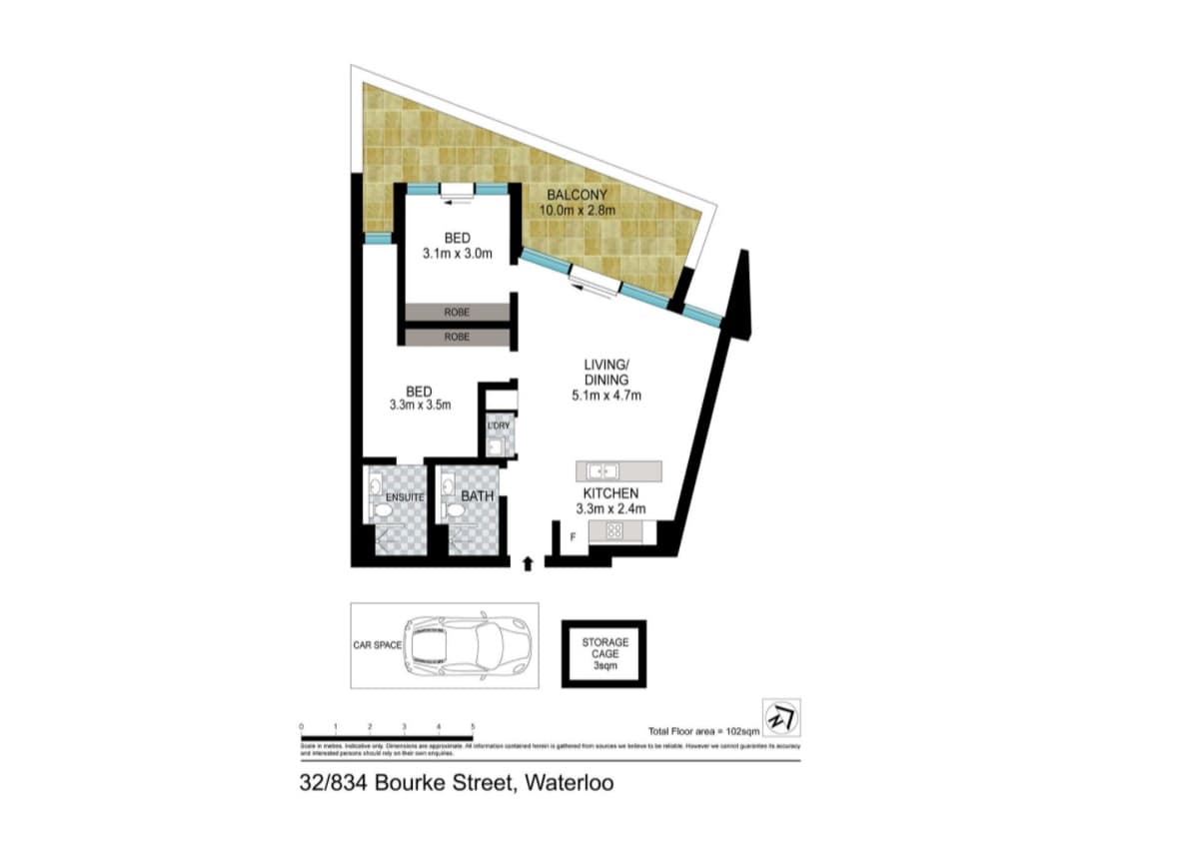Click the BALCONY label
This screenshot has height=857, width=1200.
click(x=577, y=195)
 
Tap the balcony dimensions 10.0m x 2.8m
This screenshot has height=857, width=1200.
click(x=577, y=211)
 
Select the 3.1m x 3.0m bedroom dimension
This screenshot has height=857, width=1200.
click(x=458, y=255)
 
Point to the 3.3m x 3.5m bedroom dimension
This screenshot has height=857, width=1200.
click(x=421, y=406)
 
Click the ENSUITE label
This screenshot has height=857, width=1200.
click(x=406, y=496)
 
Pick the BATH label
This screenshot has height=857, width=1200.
click(x=477, y=495)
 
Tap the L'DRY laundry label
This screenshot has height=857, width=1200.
click(x=499, y=427)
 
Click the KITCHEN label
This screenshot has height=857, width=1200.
click(x=610, y=493)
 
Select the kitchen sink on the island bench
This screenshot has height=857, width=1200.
click(x=602, y=469)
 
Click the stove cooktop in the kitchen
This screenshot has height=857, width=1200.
click(x=614, y=531)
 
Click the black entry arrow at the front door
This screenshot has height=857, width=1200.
click(x=528, y=563)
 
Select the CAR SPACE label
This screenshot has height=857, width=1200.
click(x=377, y=645)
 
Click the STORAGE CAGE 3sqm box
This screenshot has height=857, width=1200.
click(x=604, y=653)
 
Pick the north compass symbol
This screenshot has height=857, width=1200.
click(x=780, y=717)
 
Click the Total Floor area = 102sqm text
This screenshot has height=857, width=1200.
click(x=704, y=731)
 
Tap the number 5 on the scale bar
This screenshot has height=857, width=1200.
click(x=473, y=726)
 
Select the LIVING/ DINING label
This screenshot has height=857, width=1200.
click(x=606, y=373)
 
